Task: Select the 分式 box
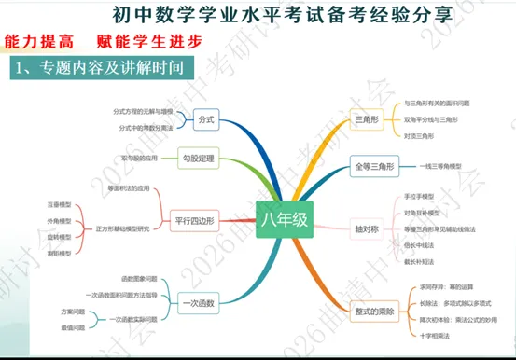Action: pyautogui.click(x=206, y=120)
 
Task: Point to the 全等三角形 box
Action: pyautogui.click(x=372, y=166)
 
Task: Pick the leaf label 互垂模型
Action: pyautogui.click(x=59, y=202)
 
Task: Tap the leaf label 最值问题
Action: pyautogui.click(x=72, y=327)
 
